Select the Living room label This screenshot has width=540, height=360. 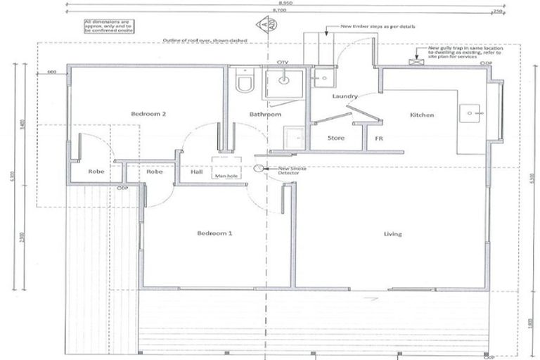point(392,233)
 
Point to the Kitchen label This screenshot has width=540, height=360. point(422,115)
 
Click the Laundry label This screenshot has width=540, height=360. point(345,96)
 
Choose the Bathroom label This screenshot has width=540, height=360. point(266,115)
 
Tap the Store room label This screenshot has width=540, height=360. point(336,138)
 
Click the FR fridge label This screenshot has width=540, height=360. point(378,139)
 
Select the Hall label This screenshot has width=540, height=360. point(196,171)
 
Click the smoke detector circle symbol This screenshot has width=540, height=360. point(259,168)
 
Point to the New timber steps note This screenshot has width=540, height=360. point(378,26)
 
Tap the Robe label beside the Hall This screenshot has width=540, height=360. point(155,171)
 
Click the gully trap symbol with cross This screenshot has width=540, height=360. point(421,62)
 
